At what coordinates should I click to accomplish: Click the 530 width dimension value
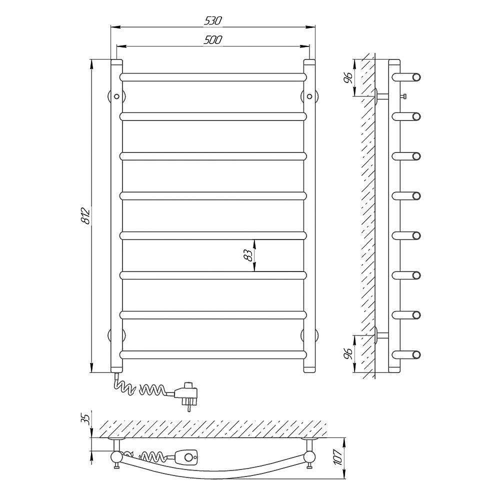click(212, 20)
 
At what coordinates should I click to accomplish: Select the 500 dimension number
click(212, 40)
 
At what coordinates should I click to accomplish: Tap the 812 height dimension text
click(85, 215)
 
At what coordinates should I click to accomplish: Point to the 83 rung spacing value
click(248, 255)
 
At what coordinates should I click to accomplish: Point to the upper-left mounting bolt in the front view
click(116, 96)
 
